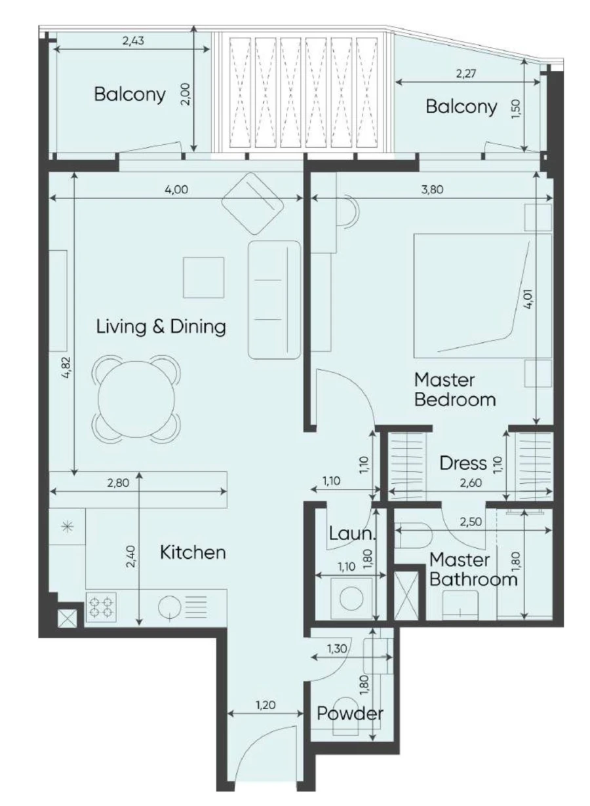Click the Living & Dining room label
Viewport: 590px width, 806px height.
[161, 326]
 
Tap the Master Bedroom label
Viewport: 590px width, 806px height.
[454, 389]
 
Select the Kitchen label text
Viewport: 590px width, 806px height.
[193, 552]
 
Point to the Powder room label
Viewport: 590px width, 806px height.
[349, 714]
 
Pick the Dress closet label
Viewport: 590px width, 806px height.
[463, 463]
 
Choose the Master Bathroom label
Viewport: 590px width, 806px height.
[469, 570]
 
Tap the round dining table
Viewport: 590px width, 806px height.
[137, 398]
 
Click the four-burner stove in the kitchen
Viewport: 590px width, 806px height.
[101, 606]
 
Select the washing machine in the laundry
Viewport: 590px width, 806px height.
[351, 596]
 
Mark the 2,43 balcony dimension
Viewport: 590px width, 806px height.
[133, 41]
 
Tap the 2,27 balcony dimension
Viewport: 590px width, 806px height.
[467, 73]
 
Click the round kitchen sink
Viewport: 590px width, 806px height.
[170, 606]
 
